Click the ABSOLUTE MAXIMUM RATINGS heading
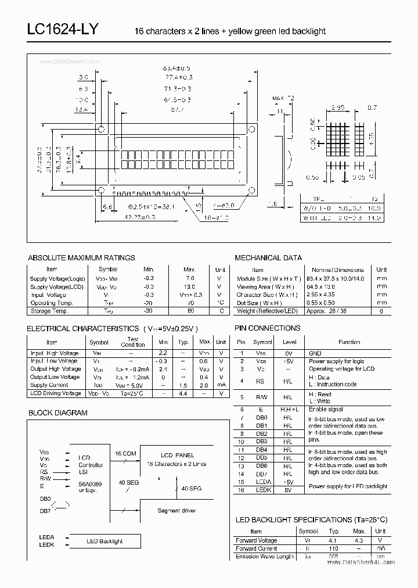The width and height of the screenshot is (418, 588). [x=81, y=257]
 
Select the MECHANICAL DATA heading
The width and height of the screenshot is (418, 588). [x=268, y=257]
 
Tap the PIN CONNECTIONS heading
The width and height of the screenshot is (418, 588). [x=267, y=328]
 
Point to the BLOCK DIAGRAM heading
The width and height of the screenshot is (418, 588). [x=57, y=413]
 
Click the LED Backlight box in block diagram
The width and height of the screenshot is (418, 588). [x=105, y=541]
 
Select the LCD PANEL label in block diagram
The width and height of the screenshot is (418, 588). [x=176, y=455]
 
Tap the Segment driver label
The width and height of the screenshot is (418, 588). [x=176, y=511]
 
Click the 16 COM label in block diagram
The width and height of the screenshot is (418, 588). [x=125, y=453]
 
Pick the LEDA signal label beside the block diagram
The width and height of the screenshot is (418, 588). [x=47, y=537]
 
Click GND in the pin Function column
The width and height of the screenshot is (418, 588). [x=315, y=353]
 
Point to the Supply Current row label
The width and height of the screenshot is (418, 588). [x=49, y=385]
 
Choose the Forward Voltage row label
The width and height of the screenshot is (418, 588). [x=256, y=540]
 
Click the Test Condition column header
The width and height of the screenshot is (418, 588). [x=132, y=342]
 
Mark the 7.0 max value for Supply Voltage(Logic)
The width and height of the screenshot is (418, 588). [x=190, y=278]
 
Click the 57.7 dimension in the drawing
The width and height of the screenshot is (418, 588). [x=178, y=109]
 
